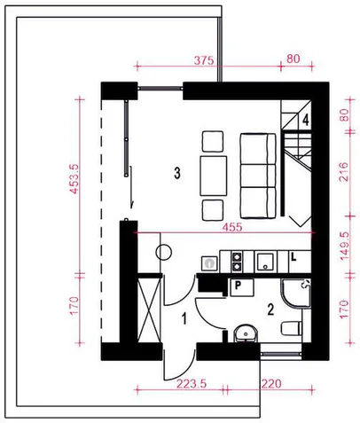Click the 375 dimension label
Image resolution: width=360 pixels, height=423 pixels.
click(204, 60)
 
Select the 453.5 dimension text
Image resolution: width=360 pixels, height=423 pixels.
click(74, 179)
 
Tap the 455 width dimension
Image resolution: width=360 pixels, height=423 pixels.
click(232, 227)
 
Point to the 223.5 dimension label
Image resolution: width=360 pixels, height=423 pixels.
click(192, 384)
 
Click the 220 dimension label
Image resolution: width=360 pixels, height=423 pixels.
click(271, 384)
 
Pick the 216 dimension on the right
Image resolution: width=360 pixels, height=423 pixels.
click(344, 171)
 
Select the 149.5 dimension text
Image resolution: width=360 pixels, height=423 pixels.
click(344, 246)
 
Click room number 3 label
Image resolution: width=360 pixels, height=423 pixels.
click(177, 173)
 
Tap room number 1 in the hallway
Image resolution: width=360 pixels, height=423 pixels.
click(184, 319)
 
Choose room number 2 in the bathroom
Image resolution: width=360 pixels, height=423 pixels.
click(270, 309)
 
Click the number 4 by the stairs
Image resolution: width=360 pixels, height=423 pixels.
click(306, 121)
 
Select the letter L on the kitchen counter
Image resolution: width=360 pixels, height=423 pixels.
click(293, 257)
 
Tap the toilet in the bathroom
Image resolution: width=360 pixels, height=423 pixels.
click(292, 328)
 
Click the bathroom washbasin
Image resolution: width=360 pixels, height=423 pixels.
click(246, 333)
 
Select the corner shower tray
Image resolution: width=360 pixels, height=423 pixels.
click(296, 294)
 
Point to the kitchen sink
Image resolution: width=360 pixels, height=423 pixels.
click(265, 262)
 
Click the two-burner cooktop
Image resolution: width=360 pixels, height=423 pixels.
click(237, 262)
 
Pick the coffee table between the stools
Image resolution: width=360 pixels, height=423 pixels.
click(214, 176)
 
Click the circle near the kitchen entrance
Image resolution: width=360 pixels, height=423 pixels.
click(163, 252)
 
